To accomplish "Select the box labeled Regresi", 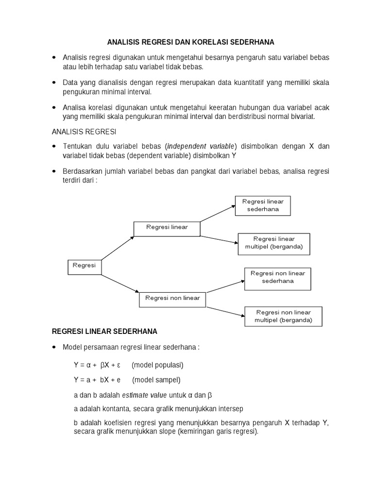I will coord(85,266).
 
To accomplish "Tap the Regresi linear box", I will coord(167,229).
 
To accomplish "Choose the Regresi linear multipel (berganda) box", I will coord(274,243).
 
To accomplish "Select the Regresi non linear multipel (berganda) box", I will coord(283,316).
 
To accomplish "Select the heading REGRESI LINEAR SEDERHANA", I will coord(104,332).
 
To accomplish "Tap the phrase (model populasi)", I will coord(157,364).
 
